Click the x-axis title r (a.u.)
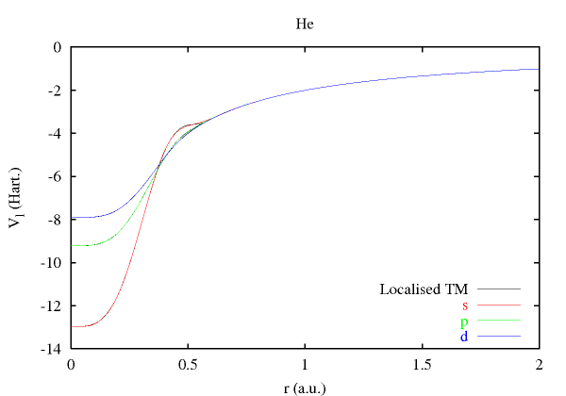click(x=304, y=387)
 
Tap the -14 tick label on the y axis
click(x=52, y=349)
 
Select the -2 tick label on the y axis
click(x=55, y=91)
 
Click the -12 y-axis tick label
click(x=52, y=305)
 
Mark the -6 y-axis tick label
click(x=55, y=176)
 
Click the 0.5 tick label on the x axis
click(x=188, y=364)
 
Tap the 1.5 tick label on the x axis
click(x=422, y=364)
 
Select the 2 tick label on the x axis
click(x=539, y=364)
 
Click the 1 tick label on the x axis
click(x=305, y=364)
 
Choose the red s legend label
click(x=465, y=305)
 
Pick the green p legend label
click(x=464, y=322)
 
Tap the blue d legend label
click(x=464, y=337)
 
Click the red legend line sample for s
click(x=499, y=305)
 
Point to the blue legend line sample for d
click(x=499, y=337)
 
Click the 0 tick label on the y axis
click(x=58, y=47)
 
